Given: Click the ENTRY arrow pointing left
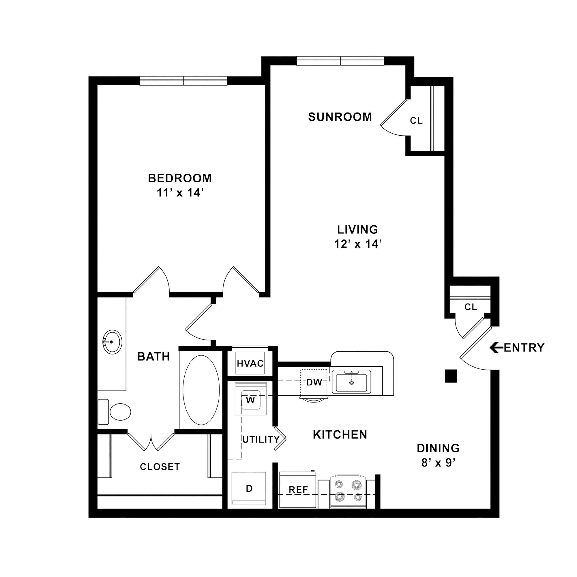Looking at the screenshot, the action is coord(497,348).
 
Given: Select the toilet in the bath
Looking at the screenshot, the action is coord(114,412).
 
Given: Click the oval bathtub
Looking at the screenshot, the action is coord(201,390).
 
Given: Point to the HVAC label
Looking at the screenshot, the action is coord(250,364).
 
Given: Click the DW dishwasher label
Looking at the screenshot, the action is coord(314,382).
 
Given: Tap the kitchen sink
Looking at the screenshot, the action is coord(352,381).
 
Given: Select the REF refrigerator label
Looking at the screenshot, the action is coord(298,490).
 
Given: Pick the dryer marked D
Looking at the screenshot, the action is coord(249,488).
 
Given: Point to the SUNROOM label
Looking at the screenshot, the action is coord(340,117).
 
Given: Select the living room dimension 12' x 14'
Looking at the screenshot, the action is coord(358,244).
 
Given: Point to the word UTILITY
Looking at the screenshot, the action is coord(261,439).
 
